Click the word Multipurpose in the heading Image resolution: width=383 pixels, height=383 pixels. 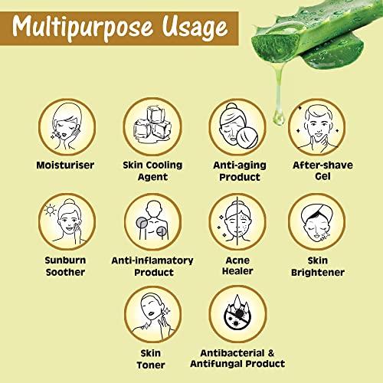82,28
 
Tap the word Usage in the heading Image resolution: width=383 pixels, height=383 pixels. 195,28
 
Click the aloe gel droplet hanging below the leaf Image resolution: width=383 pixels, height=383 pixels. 278,117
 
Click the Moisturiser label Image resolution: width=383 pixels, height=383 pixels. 65,165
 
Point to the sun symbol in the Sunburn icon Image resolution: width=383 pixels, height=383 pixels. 50,210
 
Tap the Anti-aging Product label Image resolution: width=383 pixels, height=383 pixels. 240,171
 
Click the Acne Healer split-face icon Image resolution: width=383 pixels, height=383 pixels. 237,221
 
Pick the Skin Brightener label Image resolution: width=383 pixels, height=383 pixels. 318,267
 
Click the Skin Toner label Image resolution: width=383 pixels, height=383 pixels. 151,359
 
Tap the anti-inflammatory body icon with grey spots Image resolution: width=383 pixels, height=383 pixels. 152,221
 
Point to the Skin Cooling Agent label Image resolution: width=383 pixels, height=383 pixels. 152,171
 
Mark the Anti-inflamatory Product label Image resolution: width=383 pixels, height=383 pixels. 152,267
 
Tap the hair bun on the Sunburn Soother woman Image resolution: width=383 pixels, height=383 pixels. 69,201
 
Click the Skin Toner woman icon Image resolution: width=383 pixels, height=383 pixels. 152,314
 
